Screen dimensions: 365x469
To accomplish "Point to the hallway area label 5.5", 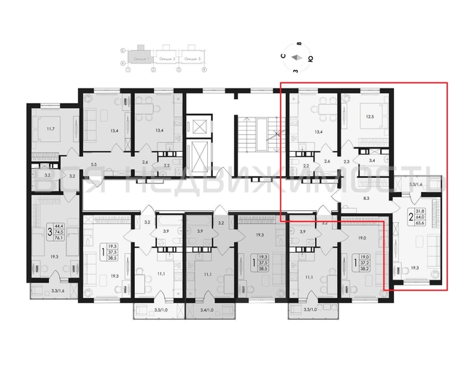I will point(95,166).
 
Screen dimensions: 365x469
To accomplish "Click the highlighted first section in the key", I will point(136,58).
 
